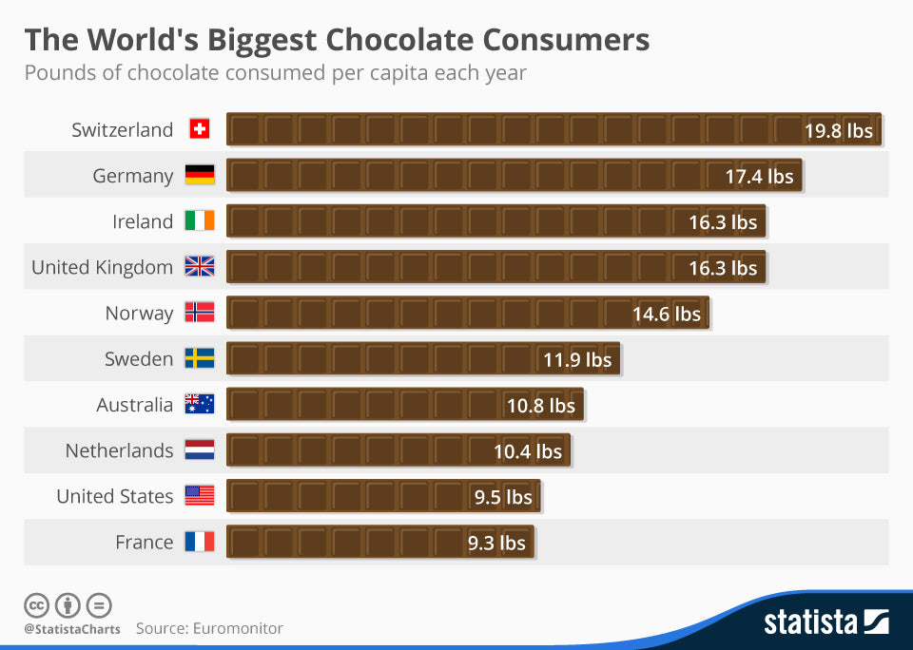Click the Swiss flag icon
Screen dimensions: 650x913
(x=200, y=129)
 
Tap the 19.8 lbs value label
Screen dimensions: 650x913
(x=838, y=130)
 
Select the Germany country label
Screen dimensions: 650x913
(x=133, y=176)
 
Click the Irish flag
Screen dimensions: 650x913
(x=200, y=221)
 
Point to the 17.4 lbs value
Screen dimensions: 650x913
(x=759, y=176)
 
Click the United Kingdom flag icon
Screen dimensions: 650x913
(x=200, y=267)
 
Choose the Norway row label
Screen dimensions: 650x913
(x=139, y=313)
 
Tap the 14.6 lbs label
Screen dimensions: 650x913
(x=666, y=314)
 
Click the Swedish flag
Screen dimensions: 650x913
(x=200, y=358)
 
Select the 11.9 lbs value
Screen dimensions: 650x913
(x=577, y=359)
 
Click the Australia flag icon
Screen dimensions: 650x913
(x=200, y=404)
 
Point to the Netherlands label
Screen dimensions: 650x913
(x=119, y=450)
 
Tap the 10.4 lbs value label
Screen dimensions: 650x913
(x=528, y=451)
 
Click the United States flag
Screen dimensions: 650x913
(x=200, y=496)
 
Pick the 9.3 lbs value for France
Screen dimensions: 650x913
(x=496, y=543)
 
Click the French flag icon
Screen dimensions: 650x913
(x=200, y=542)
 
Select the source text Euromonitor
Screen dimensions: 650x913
(x=238, y=628)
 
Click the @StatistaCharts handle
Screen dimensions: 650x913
(x=72, y=629)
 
